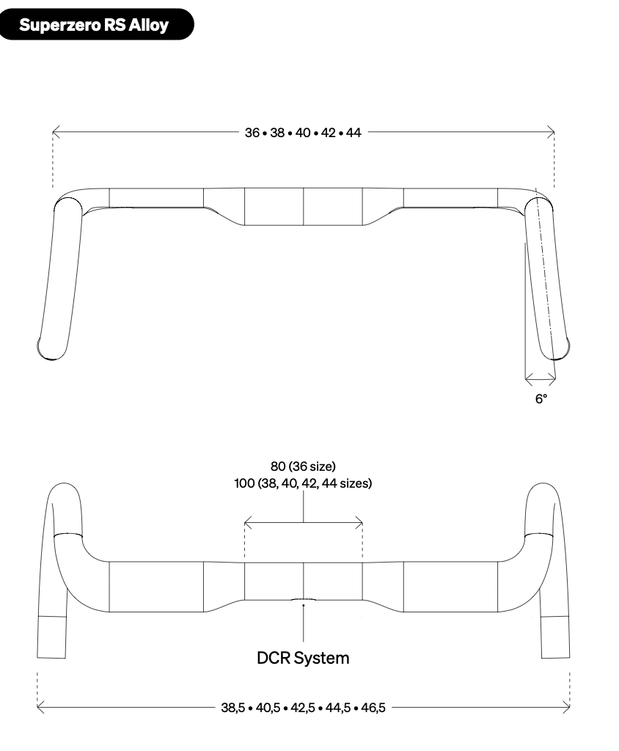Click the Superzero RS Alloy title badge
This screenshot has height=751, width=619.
coord(97,24)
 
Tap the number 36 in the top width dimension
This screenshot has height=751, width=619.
coord(252,133)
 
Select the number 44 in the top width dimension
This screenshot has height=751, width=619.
coord(354,133)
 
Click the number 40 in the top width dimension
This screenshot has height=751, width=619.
coord(303,133)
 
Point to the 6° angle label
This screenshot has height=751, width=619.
coord(541,398)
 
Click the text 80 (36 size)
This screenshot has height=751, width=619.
coord(304,466)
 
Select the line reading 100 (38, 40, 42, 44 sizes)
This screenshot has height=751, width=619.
coord(304,483)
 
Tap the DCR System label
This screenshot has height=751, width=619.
coord(304,658)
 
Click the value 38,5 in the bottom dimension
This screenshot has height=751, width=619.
coord(232,708)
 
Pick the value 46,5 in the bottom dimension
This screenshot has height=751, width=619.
coord(373,708)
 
